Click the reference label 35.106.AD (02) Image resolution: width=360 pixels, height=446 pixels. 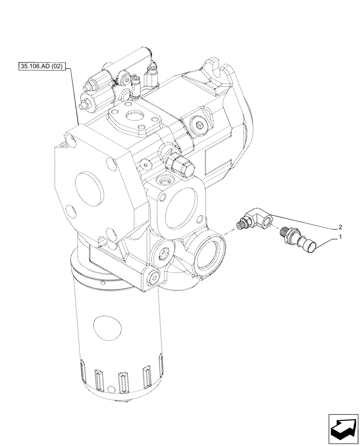tap(42, 67)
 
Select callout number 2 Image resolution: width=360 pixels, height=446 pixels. tap(340, 226)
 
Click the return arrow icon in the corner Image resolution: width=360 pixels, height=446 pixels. tap(343, 429)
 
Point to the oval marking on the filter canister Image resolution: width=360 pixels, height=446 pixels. tap(108, 329)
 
